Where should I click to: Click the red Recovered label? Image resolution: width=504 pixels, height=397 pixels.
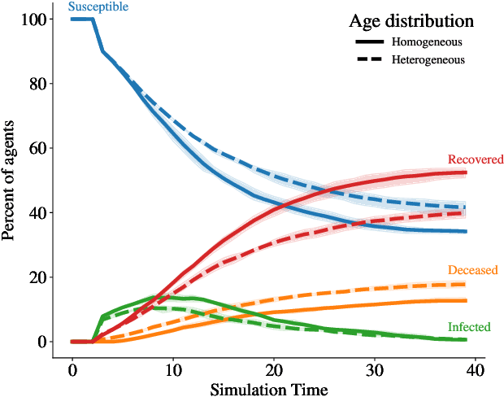coord(476,159)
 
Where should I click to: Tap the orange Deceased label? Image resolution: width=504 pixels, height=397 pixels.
coord(472,270)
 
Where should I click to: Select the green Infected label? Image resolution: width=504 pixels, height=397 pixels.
coord(469,327)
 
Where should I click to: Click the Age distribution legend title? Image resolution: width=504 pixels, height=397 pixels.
coord(411,20)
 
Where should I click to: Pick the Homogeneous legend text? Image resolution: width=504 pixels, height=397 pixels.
coord(428,41)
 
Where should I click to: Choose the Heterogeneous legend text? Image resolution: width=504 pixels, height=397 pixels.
coord(428,60)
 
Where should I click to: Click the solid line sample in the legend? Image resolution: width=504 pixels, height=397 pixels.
coord(369,41)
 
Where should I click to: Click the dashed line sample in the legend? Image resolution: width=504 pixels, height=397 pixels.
coord(369,60)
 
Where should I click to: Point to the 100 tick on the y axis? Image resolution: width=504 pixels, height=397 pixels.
coord(36,19)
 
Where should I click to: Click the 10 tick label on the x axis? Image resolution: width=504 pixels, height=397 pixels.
coord(172,371)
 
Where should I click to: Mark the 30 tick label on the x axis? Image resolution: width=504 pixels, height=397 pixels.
coord(374,371)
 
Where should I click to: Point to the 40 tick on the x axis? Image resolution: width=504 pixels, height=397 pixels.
coord(475,371)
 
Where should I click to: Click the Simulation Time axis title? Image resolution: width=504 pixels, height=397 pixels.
coord(269,388)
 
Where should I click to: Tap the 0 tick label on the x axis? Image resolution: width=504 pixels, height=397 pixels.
coord(72,371)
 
